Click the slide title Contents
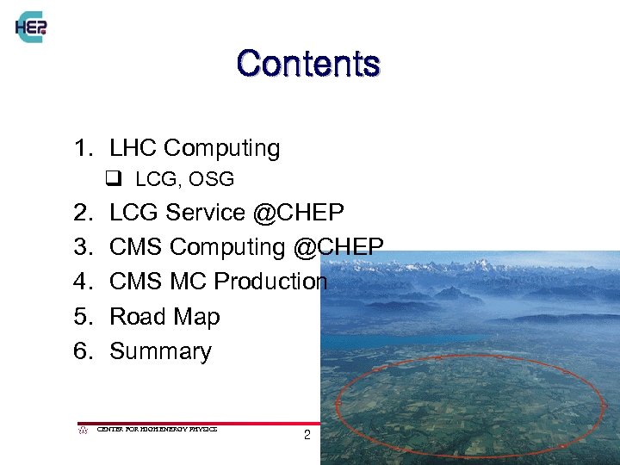[307, 64]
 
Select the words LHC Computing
[195, 148]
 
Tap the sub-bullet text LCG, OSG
[185, 180]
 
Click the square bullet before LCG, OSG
[112, 180]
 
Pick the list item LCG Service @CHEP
[226, 212]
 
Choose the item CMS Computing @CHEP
[246, 247]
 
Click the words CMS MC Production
[219, 282]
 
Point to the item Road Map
[164, 317]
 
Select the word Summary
[160, 351]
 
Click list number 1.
[82, 148]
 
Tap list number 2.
[82, 212]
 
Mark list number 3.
[82, 247]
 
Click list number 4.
[82, 282]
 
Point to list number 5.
[82, 317]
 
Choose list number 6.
[82, 351]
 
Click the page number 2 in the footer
[307, 436]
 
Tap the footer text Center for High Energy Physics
[157, 428]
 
